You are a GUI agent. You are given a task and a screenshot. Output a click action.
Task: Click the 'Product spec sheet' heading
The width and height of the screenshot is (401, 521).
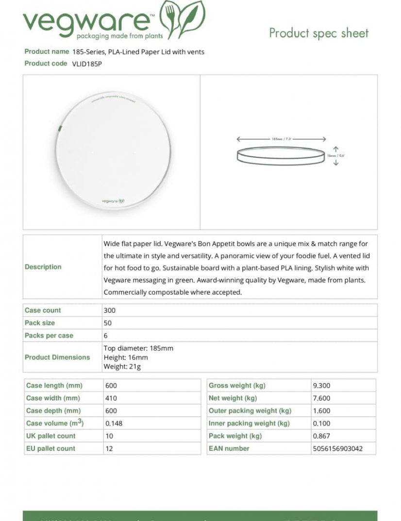click(x=318, y=33)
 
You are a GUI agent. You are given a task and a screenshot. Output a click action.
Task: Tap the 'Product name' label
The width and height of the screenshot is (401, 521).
click(x=47, y=51)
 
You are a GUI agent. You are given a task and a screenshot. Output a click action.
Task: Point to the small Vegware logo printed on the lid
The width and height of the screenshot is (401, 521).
click(x=113, y=201)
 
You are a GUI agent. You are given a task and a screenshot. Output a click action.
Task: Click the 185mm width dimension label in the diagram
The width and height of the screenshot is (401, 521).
click(x=281, y=139)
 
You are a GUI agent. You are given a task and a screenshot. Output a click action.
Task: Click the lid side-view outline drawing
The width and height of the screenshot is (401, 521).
click(x=281, y=156)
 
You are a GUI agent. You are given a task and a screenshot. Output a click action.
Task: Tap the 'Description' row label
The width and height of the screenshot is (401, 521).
click(x=43, y=267)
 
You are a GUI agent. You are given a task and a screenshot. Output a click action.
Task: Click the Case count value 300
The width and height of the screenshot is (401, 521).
click(x=110, y=310)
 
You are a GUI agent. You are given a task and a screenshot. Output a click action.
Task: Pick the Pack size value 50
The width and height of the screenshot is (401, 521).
click(x=108, y=323)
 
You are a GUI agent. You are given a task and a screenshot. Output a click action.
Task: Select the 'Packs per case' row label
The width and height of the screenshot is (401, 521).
click(x=49, y=336)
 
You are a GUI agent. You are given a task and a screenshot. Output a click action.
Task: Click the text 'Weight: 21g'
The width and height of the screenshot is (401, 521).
click(x=122, y=366)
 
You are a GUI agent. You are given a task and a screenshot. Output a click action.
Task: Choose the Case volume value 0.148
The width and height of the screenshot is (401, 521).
click(x=114, y=423)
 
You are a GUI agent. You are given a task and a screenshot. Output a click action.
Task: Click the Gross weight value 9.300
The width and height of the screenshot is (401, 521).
click(x=321, y=386)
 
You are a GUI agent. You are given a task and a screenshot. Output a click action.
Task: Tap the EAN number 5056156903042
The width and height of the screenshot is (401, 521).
click(x=337, y=449)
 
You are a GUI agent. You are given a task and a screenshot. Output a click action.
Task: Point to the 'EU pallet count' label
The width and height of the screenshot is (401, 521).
click(x=50, y=449)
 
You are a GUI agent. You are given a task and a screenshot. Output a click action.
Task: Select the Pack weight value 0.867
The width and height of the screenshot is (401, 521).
click(x=321, y=436)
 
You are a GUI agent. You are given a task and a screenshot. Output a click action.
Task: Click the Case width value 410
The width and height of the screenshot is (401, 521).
click(x=111, y=398)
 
